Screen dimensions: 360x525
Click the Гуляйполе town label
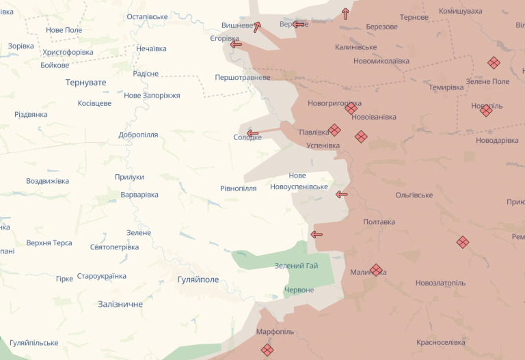pos(198,280)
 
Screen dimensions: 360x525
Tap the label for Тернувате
pos(85,82)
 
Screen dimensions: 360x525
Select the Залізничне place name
pos(120,304)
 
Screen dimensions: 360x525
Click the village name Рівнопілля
pos(239,189)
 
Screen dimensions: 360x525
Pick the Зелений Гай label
pos(296,266)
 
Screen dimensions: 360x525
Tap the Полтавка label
pos(379,222)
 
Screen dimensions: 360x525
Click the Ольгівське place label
pos(414,195)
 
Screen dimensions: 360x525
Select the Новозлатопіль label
pos(440,283)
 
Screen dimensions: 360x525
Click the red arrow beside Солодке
pos(253,133)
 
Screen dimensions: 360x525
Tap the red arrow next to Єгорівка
pos(237,44)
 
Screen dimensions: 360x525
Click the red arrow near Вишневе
pos(257,27)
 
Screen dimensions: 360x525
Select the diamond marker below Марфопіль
pos(267,350)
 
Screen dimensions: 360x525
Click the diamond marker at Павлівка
pos(334,130)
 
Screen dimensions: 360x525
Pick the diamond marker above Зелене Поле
pos(494,63)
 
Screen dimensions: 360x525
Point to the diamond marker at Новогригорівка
pos(351,108)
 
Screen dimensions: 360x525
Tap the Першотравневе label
pos(242,78)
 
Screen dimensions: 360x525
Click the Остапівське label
pos(147,16)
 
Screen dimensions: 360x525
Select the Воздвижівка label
pos(47,181)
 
